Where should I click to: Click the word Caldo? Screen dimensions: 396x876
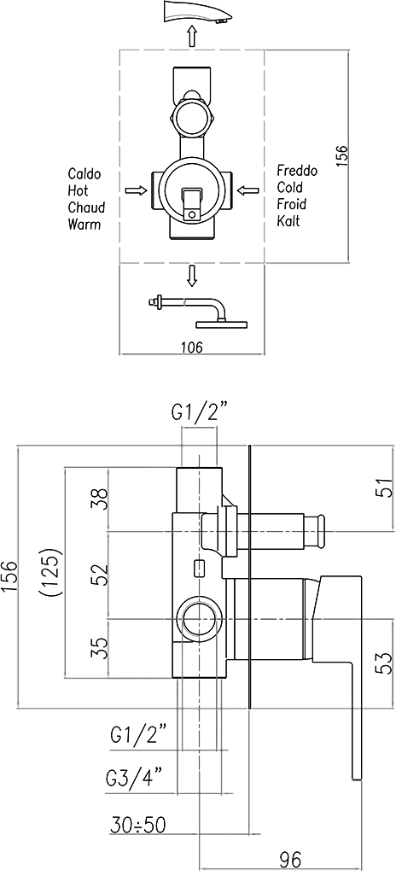click(84, 173)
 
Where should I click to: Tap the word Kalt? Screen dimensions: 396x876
click(288, 221)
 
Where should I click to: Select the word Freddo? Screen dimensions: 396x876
click(297, 171)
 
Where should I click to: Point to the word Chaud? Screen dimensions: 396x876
click(86, 207)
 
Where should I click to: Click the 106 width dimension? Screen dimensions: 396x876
click(191, 347)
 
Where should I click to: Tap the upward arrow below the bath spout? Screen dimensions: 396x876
click(192, 37)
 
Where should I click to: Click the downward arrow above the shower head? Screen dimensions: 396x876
click(192, 276)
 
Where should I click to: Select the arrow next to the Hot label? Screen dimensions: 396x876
click(133, 191)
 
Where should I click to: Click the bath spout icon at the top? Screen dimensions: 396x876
click(195, 12)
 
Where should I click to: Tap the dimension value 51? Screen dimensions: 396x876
click(380, 488)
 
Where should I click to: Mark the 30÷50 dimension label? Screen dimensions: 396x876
click(137, 824)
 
